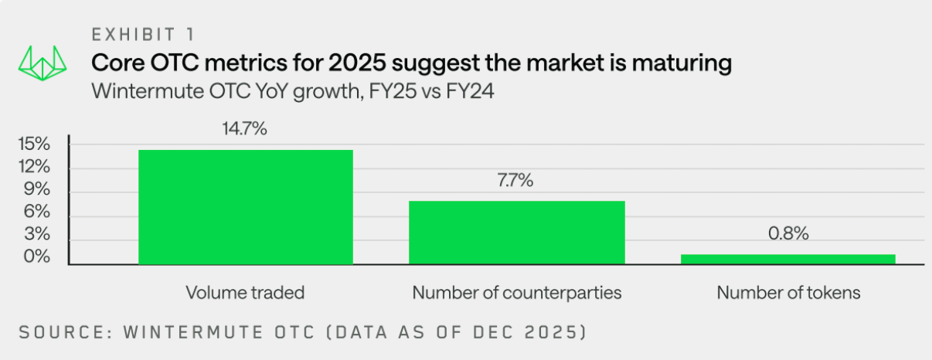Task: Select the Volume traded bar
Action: coord(245,207)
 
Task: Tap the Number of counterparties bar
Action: coord(516,233)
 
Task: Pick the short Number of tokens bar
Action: coord(787,260)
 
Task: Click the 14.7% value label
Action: coord(245,129)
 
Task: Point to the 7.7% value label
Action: coord(516,181)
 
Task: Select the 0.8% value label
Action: coord(787,234)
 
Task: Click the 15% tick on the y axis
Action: coord(34,144)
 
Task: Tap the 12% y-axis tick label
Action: coord(34,167)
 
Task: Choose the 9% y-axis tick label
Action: coord(37,189)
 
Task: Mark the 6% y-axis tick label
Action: coord(37,212)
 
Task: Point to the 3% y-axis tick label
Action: coord(37,234)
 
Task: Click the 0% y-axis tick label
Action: coord(37,256)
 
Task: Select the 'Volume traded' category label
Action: coord(245,293)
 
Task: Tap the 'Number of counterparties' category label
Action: coord(516,293)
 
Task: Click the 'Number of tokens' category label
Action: coord(787,293)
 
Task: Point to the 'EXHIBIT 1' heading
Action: coord(144,35)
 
